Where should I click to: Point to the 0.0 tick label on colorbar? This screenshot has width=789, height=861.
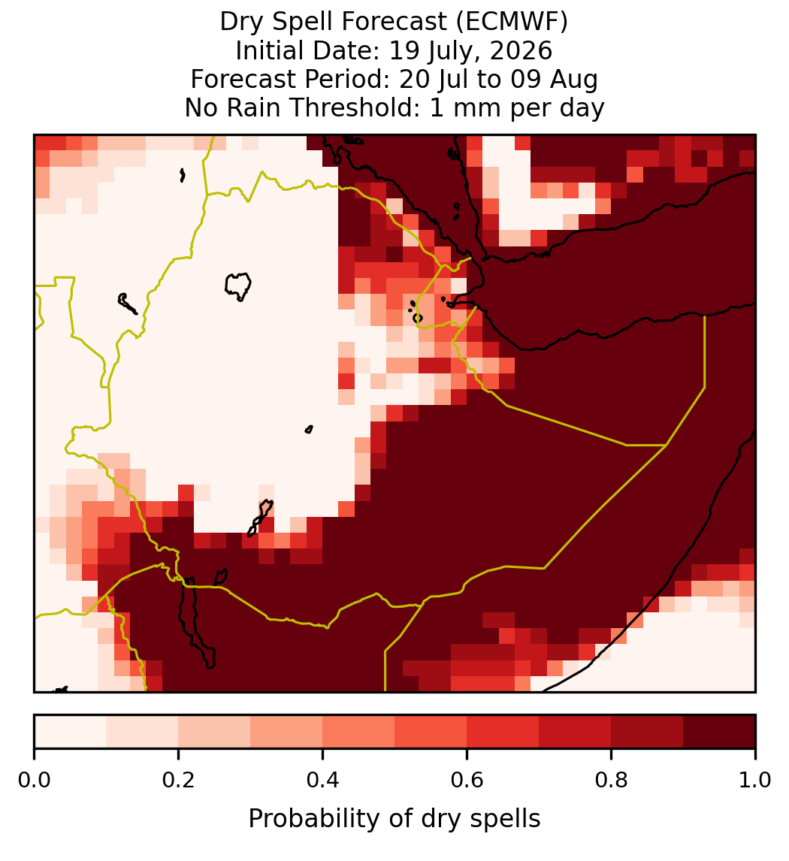coord(35,781)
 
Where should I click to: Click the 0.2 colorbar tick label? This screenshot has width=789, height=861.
coord(179,781)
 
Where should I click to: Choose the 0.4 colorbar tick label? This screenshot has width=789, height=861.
coord(323,781)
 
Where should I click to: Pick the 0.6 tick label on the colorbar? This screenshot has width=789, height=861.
coord(467,781)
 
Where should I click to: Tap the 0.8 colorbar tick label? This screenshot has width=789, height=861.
coord(611,781)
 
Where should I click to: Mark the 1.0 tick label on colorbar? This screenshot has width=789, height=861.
coord(755,781)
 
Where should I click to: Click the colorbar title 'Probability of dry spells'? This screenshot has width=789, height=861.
coord(394,819)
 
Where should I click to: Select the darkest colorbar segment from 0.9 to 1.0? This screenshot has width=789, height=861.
coord(720,732)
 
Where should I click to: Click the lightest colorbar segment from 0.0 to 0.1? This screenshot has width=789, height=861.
coord(71,732)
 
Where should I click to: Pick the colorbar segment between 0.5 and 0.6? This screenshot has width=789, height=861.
coord(431,732)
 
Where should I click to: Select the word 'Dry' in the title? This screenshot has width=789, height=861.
coord(240,23)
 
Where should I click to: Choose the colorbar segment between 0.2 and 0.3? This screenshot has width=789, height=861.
coord(215,732)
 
